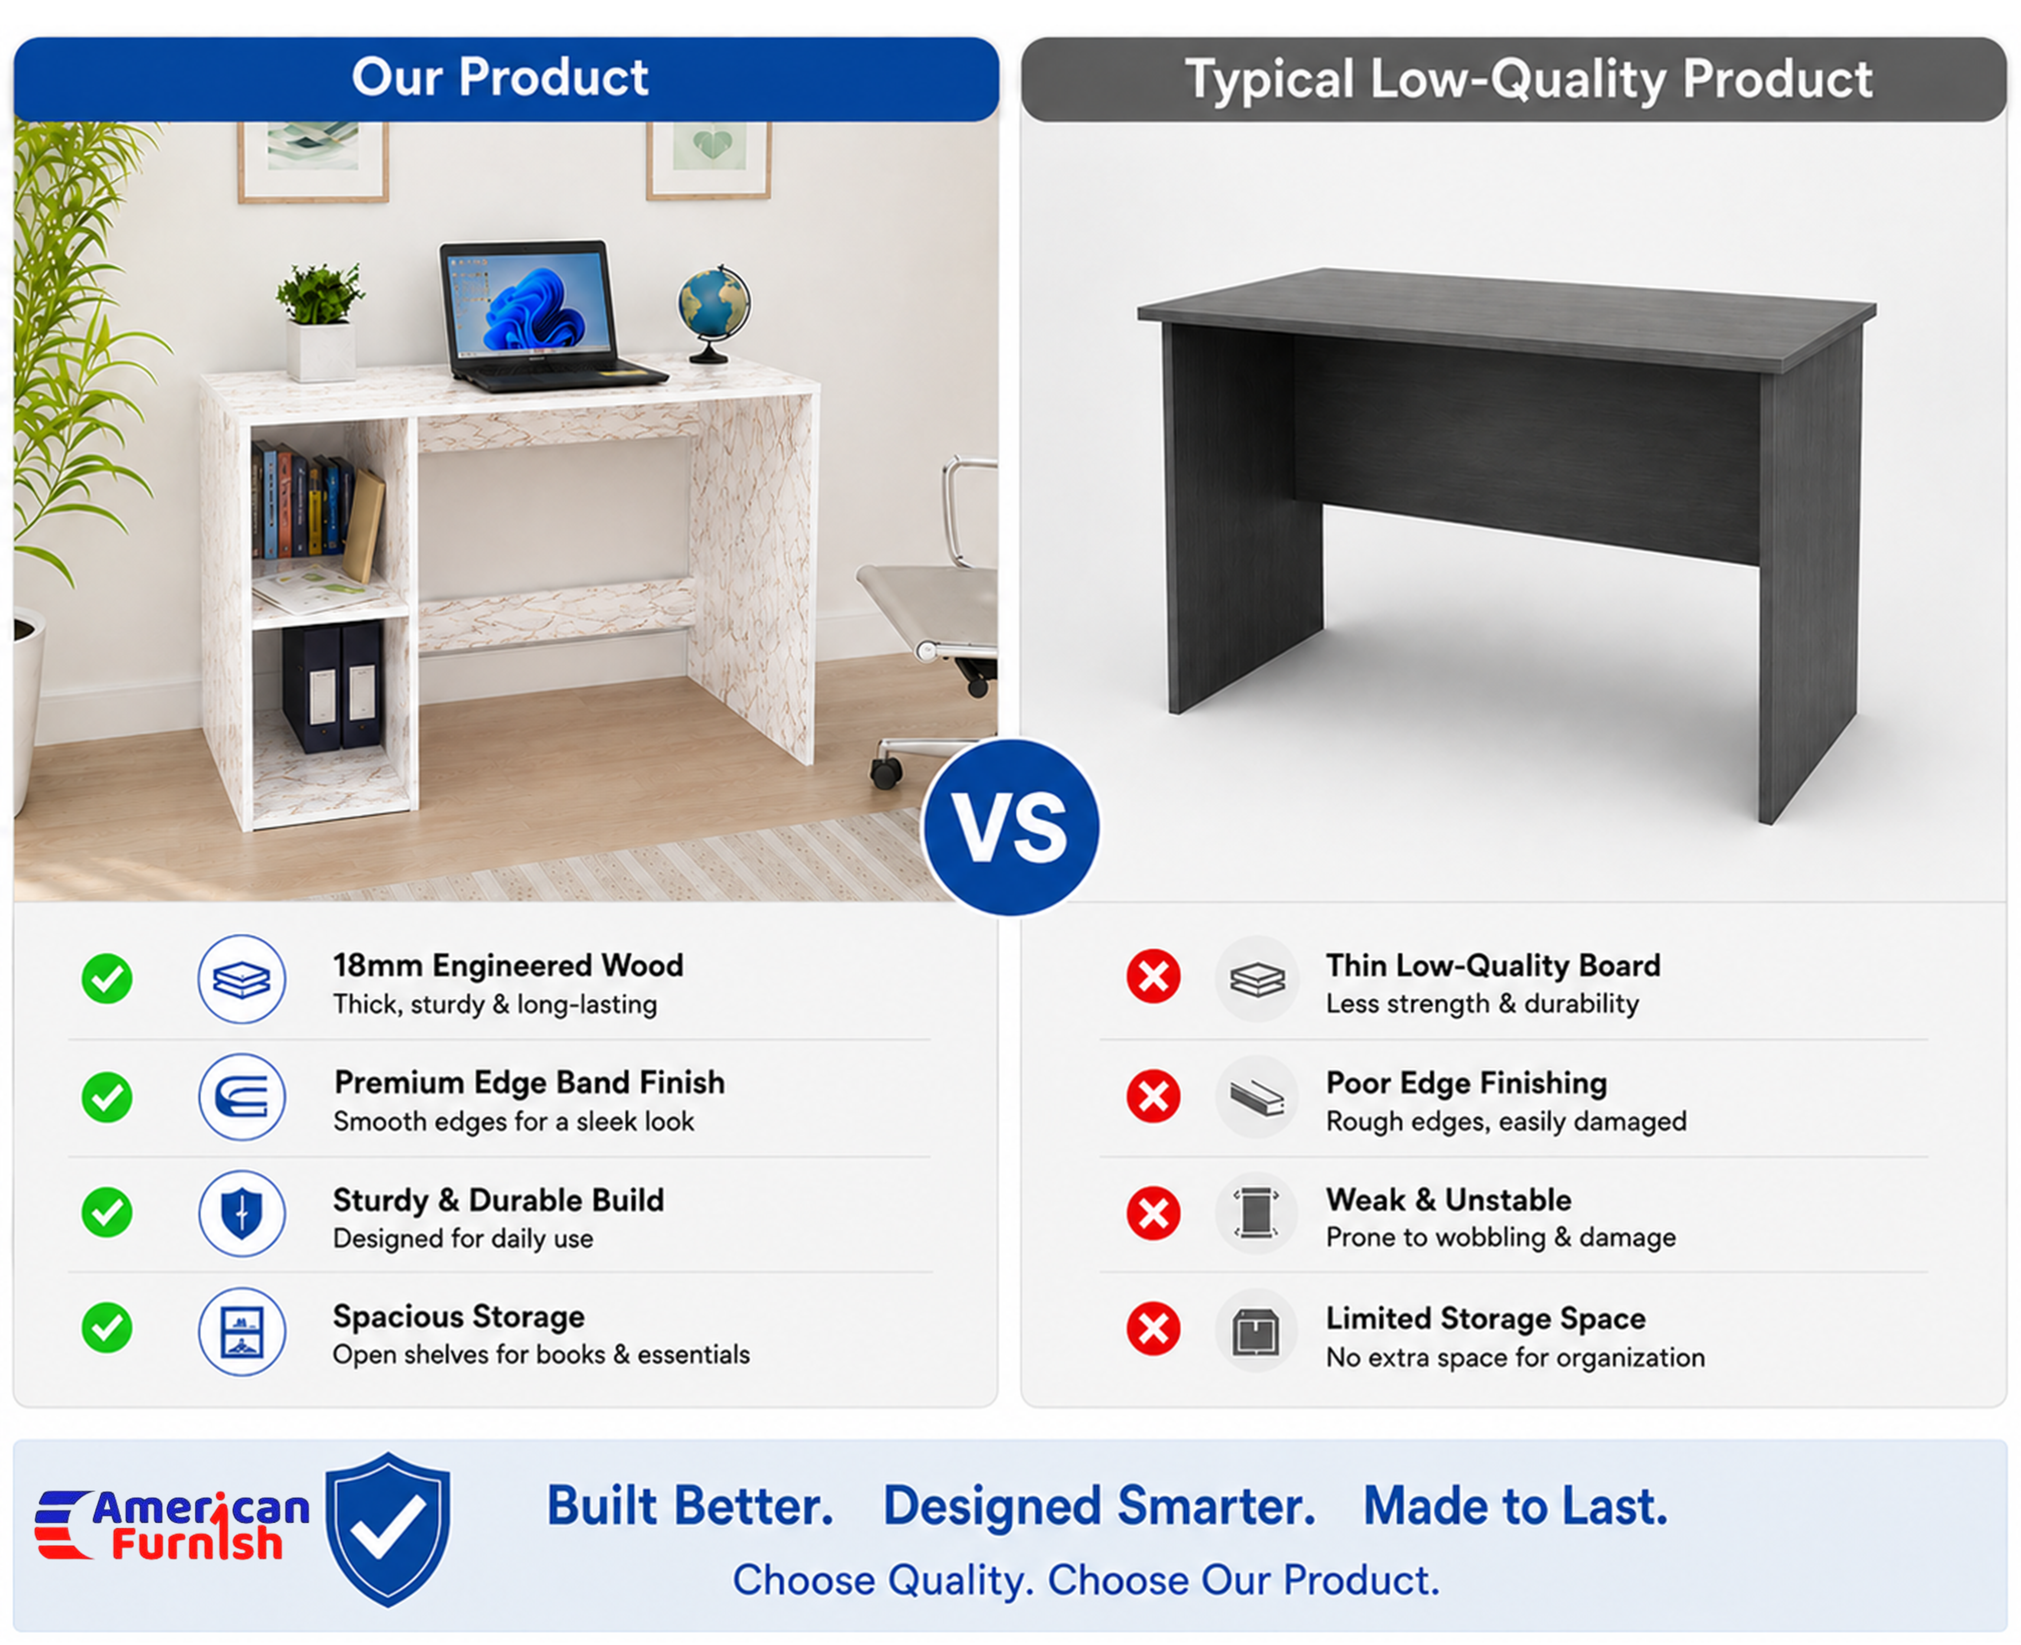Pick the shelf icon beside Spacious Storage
pyautogui.click(x=242, y=1331)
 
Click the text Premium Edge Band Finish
pyautogui.click(x=530, y=1082)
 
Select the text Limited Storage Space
pyautogui.click(x=1486, y=1318)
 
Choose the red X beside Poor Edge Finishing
pyautogui.click(x=1153, y=1096)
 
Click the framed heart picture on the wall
pyautogui.click(x=709, y=159)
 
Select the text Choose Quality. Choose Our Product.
pyautogui.click(x=1086, y=1580)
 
